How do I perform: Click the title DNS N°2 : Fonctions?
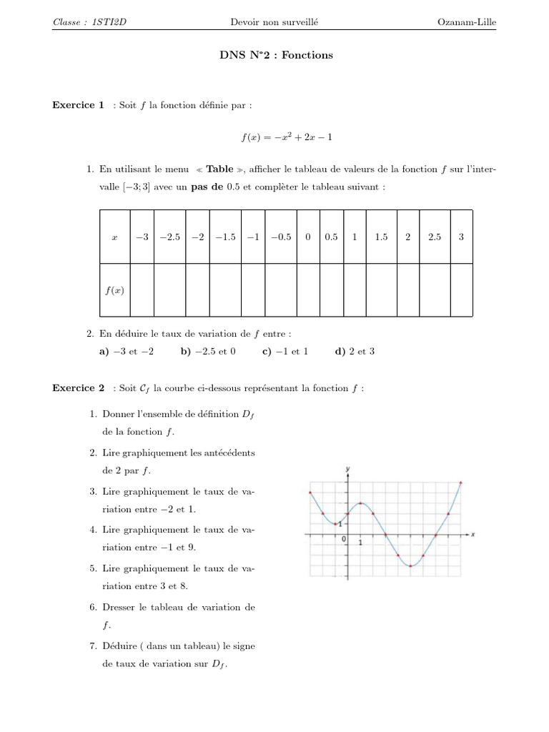click(275, 55)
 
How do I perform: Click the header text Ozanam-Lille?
click(466, 22)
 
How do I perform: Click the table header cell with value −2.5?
click(169, 237)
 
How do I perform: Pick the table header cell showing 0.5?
click(331, 237)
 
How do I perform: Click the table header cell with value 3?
click(461, 237)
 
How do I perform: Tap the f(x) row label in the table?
click(114, 290)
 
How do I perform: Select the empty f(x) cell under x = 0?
click(308, 290)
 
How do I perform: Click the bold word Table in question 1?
click(219, 169)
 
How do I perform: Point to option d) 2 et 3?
click(355, 352)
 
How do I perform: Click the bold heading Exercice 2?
click(79, 388)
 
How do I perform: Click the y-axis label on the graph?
click(347, 468)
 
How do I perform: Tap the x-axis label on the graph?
click(473, 533)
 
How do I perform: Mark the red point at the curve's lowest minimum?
click(410, 565)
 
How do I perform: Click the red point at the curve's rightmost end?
click(460, 483)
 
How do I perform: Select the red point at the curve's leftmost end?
click(310, 493)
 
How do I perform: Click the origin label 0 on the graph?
click(343, 539)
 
